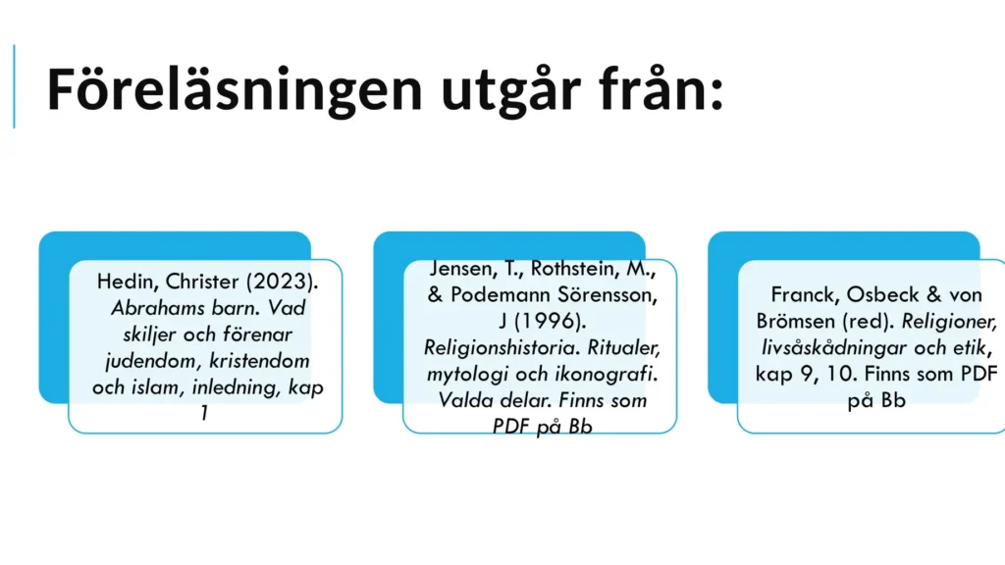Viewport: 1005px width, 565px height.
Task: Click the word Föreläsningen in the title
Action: click(235, 89)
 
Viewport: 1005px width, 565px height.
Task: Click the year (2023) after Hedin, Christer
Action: click(282, 282)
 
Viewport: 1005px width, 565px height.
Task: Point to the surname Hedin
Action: click(127, 282)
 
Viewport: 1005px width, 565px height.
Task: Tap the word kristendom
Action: click(259, 361)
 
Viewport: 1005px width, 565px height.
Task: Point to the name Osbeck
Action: click(883, 294)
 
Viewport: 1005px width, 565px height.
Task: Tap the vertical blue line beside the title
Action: click(14, 86)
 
